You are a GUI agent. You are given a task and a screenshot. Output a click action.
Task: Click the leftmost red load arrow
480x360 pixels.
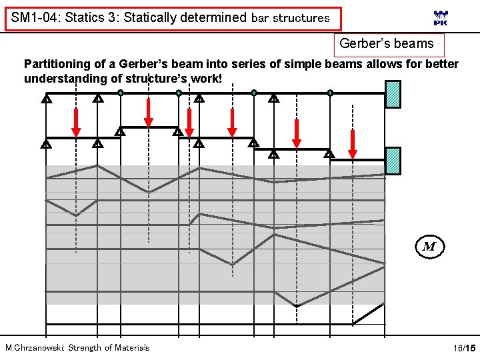pyautogui.click(x=76, y=119)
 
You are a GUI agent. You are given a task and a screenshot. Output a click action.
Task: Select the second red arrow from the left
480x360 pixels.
pyautogui.click(x=148, y=111)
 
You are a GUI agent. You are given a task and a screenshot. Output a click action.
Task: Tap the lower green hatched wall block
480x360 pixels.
pyautogui.click(x=393, y=160)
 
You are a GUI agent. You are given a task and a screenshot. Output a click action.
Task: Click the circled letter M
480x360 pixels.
pyautogui.click(x=429, y=247)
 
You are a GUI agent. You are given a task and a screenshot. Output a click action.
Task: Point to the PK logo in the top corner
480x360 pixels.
pyautogui.click(x=441, y=18)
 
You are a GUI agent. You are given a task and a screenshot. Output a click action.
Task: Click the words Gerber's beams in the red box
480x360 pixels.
pyautogui.click(x=387, y=45)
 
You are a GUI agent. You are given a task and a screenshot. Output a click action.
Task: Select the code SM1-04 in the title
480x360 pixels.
pyautogui.click(x=33, y=18)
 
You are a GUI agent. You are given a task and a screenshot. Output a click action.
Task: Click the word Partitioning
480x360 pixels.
pyautogui.click(x=57, y=64)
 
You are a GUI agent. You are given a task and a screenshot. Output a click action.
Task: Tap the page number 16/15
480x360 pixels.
pyautogui.click(x=463, y=348)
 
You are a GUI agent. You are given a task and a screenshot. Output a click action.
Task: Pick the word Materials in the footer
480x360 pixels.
pyautogui.click(x=132, y=347)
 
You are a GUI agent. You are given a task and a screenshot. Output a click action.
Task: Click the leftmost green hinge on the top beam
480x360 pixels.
pyautogui.click(x=120, y=93)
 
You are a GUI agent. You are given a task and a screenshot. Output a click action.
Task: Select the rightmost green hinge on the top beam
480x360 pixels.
pyautogui.click(x=330, y=93)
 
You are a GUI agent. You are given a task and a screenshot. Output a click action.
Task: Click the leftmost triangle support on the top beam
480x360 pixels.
pyautogui.click(x=46, y=100)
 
